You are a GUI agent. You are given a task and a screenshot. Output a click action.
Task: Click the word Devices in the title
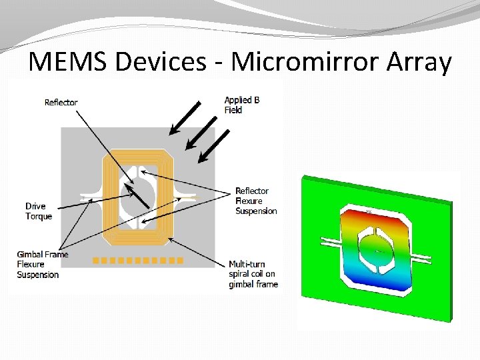[161, 62]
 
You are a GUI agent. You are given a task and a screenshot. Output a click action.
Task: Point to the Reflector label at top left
[61, 102]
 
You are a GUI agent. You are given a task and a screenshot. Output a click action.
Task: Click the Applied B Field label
[241, 105]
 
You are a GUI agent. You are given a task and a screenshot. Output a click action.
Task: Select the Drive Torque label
[39, 211]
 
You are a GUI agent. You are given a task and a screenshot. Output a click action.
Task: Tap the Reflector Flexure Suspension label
[256, 201]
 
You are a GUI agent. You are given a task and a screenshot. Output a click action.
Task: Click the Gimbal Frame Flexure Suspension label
[43, 265]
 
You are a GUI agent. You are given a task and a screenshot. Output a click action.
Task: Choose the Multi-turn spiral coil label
[252, 274]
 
